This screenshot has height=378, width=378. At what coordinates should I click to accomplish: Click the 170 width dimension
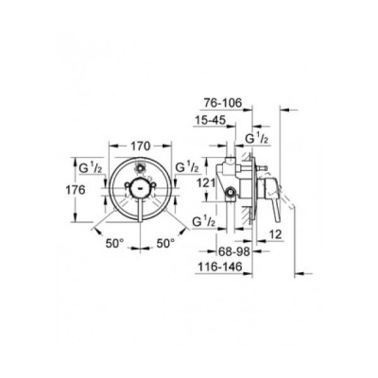(140, 146)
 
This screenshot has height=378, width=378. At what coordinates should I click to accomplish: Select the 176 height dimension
(76, 190)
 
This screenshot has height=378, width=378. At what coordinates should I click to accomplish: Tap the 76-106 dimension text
(223, 103)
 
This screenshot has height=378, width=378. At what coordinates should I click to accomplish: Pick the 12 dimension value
(275, 234)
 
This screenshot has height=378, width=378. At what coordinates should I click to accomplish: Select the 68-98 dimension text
(234, 251)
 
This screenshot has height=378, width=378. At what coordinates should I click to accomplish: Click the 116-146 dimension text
(220, 267)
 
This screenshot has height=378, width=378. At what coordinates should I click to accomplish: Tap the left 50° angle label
(114, 244)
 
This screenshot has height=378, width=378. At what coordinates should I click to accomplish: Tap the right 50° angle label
(165, 244)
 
